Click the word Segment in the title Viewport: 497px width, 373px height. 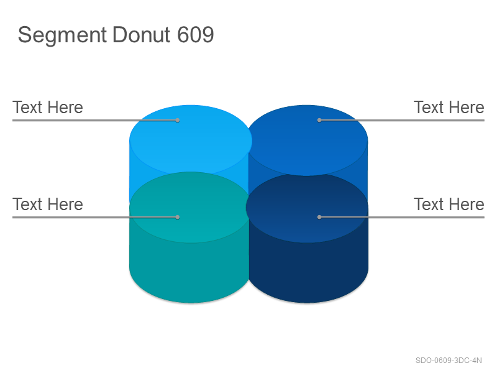coord(62,35)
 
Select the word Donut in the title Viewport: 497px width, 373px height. coord(142,34)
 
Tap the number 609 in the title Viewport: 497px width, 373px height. coord(196,34)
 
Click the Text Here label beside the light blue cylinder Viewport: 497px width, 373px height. coord(48,107)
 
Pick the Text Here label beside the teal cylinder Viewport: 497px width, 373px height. coord(48,205)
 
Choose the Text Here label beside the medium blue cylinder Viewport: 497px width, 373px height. coord(449,107)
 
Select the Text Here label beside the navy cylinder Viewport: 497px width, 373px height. coord(449,205)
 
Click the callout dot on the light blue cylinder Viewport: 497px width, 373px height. coord(178,120)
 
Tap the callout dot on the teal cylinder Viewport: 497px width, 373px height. coord(178,217)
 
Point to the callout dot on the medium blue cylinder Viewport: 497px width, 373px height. coord(319,120)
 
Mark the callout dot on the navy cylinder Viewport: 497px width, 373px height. coord(319,217)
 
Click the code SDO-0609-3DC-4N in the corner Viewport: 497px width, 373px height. coord(449,361)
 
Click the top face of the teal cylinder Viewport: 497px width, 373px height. coord(190,208)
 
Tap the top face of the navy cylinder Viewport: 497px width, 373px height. coord(307,208)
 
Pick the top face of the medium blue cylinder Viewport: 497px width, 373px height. coord(308,140)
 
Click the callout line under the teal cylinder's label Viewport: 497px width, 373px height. coord(95,217)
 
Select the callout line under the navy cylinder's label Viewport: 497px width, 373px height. coord(402,217)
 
